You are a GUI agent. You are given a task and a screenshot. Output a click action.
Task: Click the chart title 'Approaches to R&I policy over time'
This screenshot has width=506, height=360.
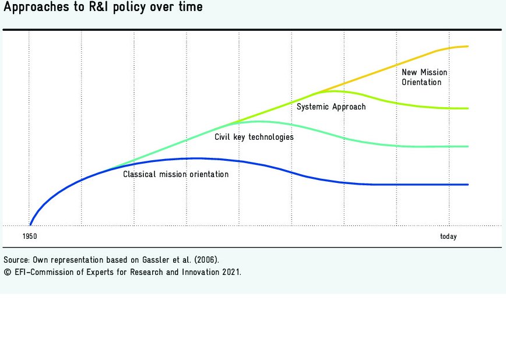tap(104, 8)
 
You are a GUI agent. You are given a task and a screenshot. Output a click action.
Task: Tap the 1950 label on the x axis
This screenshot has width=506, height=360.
tap(29, 237)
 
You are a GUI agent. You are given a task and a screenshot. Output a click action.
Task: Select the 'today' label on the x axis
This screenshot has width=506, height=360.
tap(448, 237)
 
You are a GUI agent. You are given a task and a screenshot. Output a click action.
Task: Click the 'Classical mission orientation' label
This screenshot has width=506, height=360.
tap(175, 174)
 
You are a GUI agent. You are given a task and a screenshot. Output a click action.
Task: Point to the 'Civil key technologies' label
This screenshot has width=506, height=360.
tap(254, 137)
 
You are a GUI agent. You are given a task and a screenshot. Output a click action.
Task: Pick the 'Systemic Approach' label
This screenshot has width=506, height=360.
tap(331, 107)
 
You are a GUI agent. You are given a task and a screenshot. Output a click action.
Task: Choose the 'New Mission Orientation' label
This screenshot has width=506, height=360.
tap(424, 77)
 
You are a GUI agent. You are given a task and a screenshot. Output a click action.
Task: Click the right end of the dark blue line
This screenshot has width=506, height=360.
tap(468, 185)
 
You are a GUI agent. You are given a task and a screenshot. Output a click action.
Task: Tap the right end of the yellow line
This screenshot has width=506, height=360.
tap(468, 46)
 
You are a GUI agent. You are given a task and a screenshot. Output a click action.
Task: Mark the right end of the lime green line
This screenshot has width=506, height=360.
tap(468, 108)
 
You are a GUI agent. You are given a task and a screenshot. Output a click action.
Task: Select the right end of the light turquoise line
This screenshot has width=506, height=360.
tap(468, 146)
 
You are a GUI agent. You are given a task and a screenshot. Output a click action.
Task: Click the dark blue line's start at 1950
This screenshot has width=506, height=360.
tap(30, 224)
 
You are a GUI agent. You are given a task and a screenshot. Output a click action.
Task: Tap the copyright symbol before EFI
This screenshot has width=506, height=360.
tap(6, 272)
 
